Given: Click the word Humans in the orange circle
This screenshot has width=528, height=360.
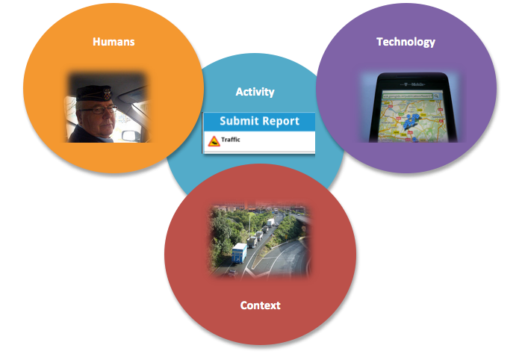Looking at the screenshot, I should (114, 42).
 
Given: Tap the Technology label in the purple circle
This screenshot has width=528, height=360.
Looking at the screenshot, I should (406, 42).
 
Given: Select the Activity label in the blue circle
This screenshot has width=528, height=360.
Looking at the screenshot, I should (255, 92).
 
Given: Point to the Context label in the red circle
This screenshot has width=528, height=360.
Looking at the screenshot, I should (260, 305).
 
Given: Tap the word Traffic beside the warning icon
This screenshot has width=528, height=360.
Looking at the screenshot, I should (231, 140).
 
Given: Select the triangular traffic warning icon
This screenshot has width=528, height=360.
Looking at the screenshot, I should (214, 140).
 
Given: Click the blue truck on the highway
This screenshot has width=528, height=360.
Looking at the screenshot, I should (240, 252).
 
